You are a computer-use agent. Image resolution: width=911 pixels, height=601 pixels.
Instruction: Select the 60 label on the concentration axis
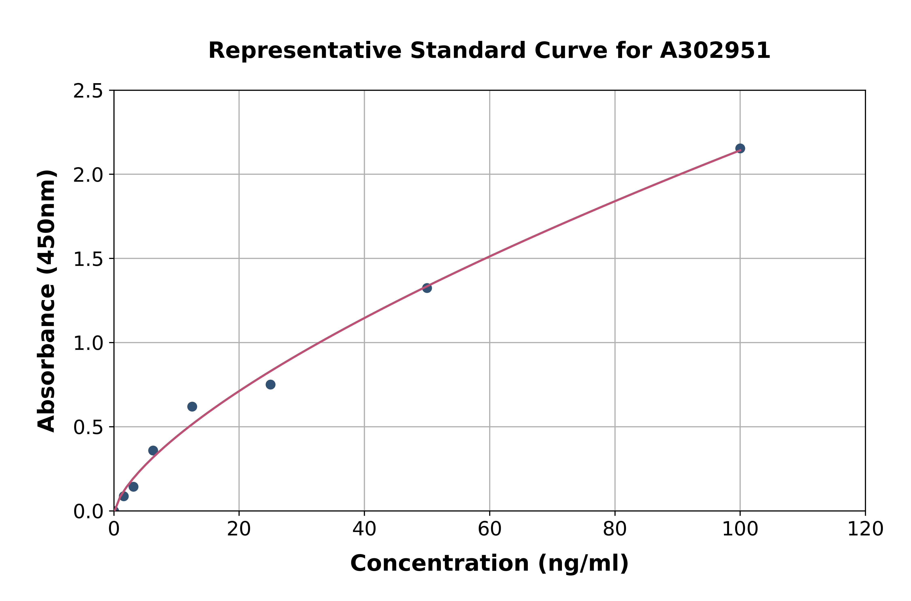click(x=490, y=529)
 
